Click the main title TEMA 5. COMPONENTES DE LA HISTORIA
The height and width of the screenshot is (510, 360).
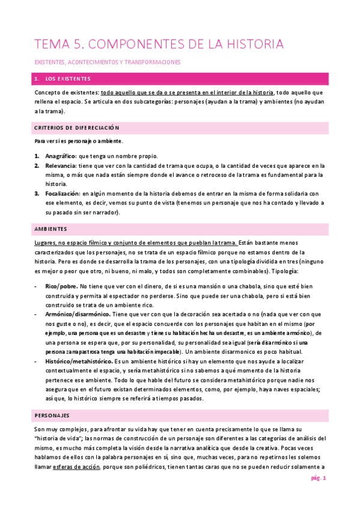pos(159,45)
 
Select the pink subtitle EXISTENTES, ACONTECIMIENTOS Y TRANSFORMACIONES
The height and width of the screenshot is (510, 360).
pos(107,62)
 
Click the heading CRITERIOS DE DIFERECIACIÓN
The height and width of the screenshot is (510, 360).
pos(77,128)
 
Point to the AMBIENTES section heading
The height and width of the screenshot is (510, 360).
pos(51,230)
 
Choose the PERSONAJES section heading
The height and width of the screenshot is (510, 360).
pos(52,415)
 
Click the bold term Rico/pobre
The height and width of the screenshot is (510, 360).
pos(61,286)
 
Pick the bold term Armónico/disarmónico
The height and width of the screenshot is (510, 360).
pos(77,314)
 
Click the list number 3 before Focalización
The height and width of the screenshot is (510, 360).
pos(37,194)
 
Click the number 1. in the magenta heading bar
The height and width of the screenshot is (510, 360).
pos(37,79)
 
